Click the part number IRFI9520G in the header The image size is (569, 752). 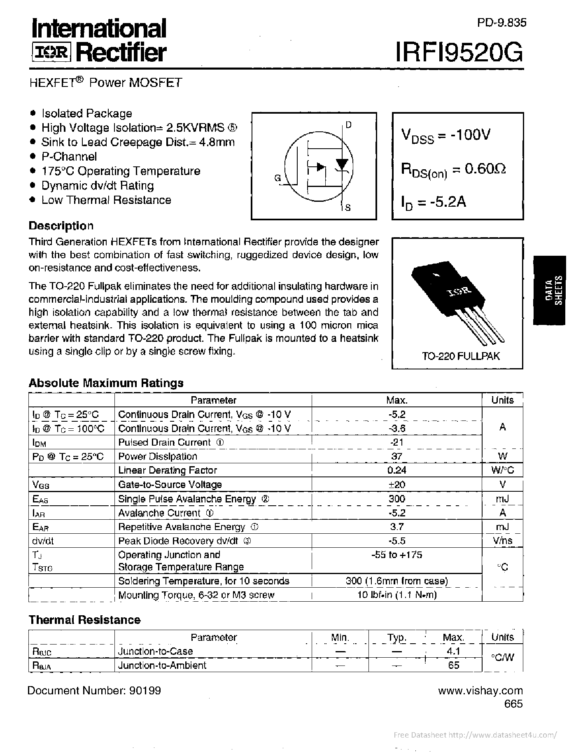click(x=459, y=53)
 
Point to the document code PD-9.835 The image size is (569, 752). click(x=501, y=23)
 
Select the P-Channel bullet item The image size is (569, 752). click(x=69, y=156)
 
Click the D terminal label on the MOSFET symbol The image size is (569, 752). click(x=348, y=125)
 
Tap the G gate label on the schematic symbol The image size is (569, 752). click(x=278, y=178)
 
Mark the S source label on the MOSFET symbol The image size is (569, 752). click(x=348, y=208)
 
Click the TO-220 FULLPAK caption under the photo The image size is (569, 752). click(x=461, y=356)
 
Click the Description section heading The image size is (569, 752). click(x=61, y=226)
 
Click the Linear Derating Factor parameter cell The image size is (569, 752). click(x=167, y=470)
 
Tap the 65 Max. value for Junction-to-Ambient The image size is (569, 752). click(x=453, y=665)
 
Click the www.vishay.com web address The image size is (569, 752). click(x=480, y=691)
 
